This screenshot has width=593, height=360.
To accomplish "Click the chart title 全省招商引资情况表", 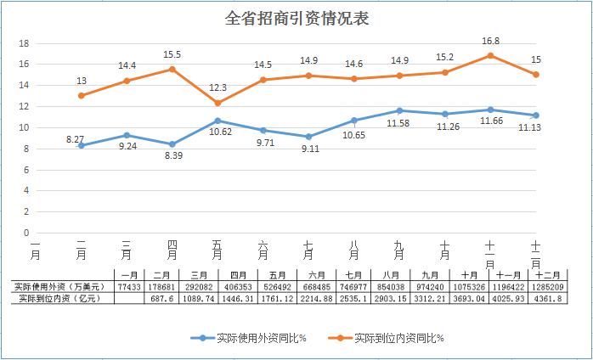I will pos(296,18).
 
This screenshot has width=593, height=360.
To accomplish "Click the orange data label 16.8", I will pos(490,40).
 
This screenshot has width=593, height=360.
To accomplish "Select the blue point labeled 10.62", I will pos(217,121).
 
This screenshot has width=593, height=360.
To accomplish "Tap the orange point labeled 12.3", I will pos(217,103).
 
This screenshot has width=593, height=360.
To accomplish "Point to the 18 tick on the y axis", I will pos(25,43).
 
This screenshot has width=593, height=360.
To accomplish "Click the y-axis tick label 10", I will pos(25,127).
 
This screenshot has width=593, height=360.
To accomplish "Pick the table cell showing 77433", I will pos(130,286).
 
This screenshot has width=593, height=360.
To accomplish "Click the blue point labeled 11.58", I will pos(399,110).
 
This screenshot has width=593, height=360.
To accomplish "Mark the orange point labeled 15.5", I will pos(172,70).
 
